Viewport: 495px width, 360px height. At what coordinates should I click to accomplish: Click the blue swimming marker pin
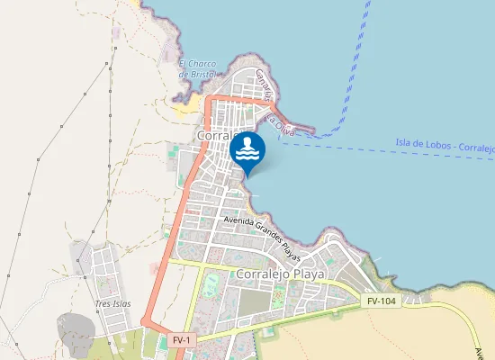pyautogui.click(x=247, y=150)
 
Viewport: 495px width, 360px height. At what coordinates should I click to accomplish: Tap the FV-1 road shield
pyautogui.click(x=181, y=340)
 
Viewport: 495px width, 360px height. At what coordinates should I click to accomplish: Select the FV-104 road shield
pyautogui.click(x=381, y=300)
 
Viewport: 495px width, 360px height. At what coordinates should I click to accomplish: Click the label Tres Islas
pyautogui.click(x=112, y=304)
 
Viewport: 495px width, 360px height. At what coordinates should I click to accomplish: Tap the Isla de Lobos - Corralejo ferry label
pyautogui.click(x=444, y=146)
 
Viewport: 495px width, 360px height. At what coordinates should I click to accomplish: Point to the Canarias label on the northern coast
pyautogui.click(x=263, y=84)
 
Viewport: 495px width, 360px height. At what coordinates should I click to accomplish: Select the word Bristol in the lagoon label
pyautogui.click(x=198, y=74)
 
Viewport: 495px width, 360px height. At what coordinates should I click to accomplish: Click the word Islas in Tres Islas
pyautogui.click(x=121, y=304)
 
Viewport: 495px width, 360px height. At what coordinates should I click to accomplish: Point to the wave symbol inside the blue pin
pyautogui.click(x=247, y=156)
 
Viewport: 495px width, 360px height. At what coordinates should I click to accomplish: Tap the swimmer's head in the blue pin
pyautogui.click(x=247, y=141)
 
